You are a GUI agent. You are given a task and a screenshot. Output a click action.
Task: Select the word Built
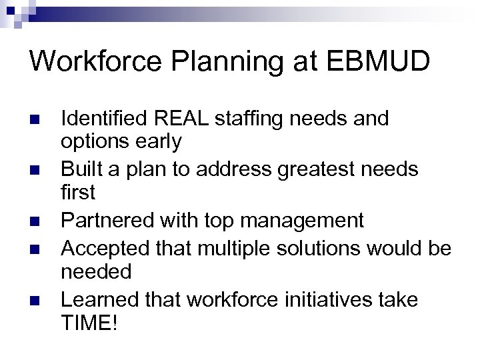pos(81,169)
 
